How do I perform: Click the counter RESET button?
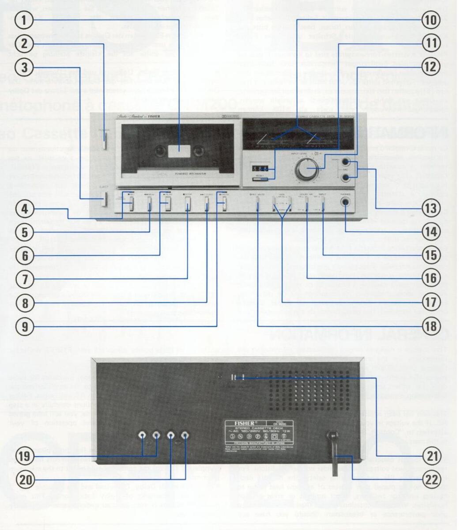coord(260,179)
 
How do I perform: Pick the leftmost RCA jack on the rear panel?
coord(142,435)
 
